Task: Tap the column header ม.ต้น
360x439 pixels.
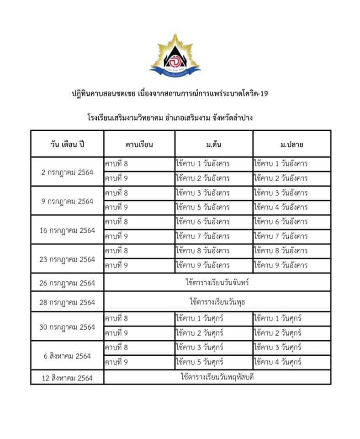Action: (x=214, y=145)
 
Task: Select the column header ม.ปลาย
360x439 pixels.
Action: (x=292, y=145)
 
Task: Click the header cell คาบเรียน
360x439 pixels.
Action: (x=139, y=145)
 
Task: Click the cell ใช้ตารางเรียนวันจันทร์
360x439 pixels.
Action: (x=217, y=283)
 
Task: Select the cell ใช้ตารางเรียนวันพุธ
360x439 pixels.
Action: (x=217, y=302)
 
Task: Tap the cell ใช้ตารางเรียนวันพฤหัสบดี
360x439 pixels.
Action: (x=217, y=377)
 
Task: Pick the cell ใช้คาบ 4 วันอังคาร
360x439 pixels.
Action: (x=281, y=207)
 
